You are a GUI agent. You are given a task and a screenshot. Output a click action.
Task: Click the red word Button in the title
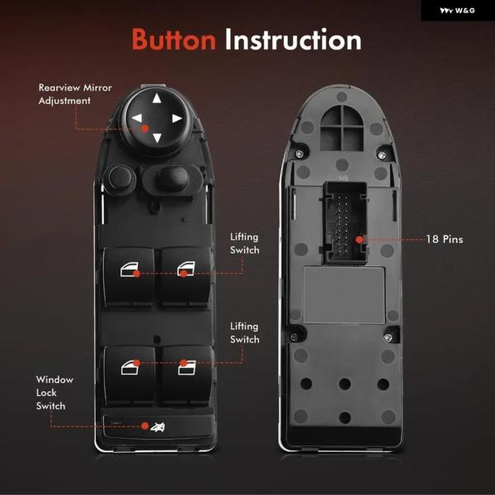pyautogui.click(x=173, y=39)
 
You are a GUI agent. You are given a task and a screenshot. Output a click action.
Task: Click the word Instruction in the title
pyautogui.click(x=293, y=39)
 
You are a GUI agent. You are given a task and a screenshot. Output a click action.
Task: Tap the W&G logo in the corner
pyautogui.click(x=457, y=11)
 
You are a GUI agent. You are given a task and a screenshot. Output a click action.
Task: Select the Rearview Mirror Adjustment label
pyautogui.click(x=75, y=94)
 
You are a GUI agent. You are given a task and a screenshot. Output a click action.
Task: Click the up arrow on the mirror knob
pyautogui.click(x=157, y=98)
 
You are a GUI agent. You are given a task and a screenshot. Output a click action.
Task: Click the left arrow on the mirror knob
pyautogui.click(x=137, y=118)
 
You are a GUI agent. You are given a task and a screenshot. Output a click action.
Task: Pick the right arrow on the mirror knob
pyautogui.click(x=177, y=118)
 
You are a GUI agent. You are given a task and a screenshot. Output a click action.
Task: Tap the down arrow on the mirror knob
pyautogui.click(x=157, y=138)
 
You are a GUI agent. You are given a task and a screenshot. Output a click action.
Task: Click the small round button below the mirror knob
pyautogui.click(x=119, y=177)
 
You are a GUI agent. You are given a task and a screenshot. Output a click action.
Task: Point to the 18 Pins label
pyautogui.click(x=445, y=239)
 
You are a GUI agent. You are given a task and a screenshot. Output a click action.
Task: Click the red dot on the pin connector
pyautogui.click(x=359, y=240)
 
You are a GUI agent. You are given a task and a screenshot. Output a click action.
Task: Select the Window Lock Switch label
pyautogui.click(x=54, y=393)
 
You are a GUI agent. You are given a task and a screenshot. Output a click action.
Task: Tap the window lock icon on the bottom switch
pyautogui.click(x=158, y=427)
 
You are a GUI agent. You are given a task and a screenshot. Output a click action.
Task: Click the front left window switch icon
pyautogui.click(x=130, y=269)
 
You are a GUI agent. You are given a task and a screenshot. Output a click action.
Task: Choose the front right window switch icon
pyautogui.click(x=186, y=269)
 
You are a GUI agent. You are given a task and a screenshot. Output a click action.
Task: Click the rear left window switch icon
pyautogui.click(x=130, y=368)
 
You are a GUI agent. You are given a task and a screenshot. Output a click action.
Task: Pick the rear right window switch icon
pyautogui.click(x=187, y=368)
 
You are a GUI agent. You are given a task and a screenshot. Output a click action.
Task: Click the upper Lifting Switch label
pyautogui.click(x=245, y=243)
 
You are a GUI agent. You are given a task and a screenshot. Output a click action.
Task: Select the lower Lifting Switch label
pyautogui.click(x=245, y=332)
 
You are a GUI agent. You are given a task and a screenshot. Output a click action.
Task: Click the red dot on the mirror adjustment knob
pyautogui.click(x=145, y=129)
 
